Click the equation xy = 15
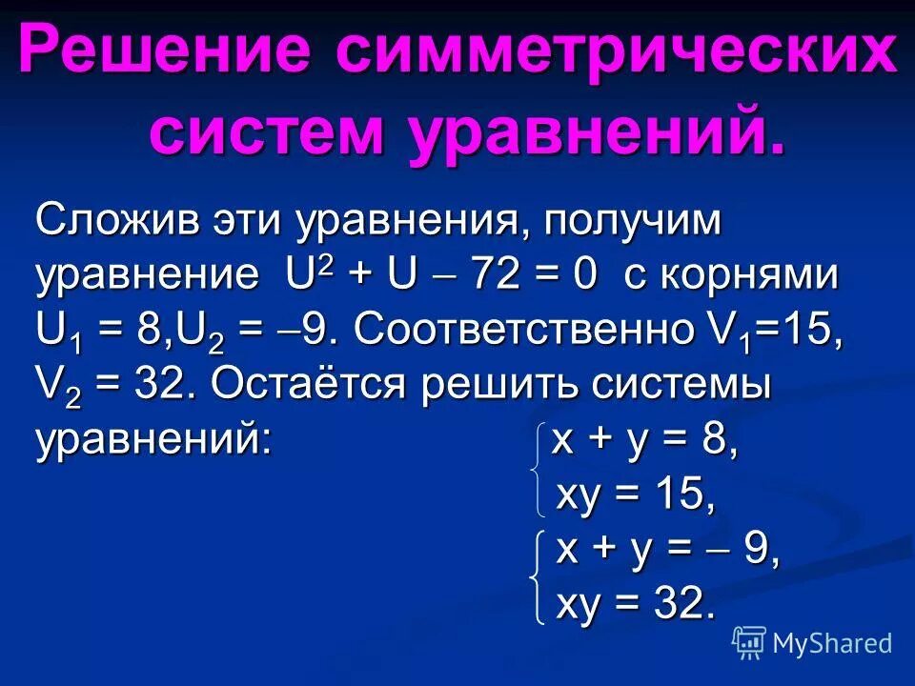[x=635, y=495]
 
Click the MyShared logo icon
[x=749, y=642]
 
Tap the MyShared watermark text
[x=832, y=643]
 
